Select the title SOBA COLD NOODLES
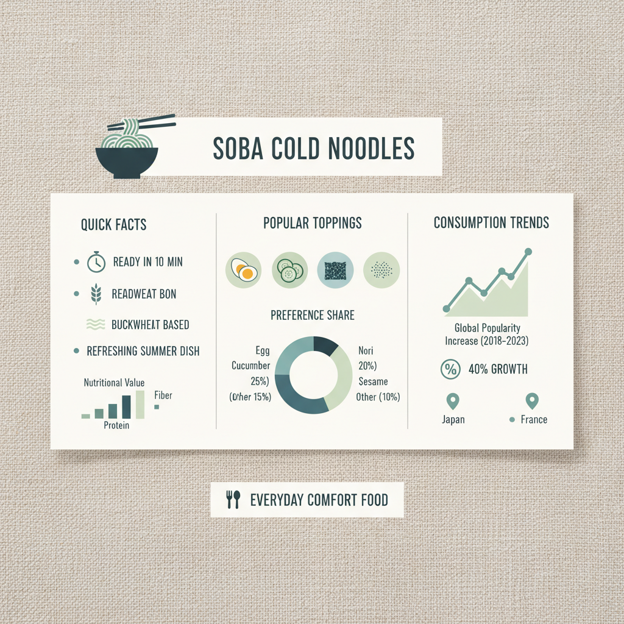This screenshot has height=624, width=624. pyautogui.click(x=313, y=148)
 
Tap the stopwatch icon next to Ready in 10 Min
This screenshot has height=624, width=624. pyautogui.click(x=96, y=262)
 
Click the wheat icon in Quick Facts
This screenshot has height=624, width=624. pyautogui.click(x=96, y=294)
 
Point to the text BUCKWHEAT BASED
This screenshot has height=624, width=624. pyautogui.click(x=150, y=325)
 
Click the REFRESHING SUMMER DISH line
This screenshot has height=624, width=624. pyautogui.click(x=143, y=351)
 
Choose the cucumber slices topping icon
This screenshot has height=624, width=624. pyautogui.click(x=289, y=269)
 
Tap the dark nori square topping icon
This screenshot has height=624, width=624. pyautogui.click(x=335, y=269)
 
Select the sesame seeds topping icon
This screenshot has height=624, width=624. pyautogui.click(x=381, y=269)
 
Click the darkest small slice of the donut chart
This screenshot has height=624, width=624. pyautogui.click(x=325, y=346)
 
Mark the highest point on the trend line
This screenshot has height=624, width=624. pyautogui.click(x=528, y=251)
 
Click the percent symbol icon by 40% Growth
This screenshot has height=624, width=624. pyautogui.click(x=449, y=369)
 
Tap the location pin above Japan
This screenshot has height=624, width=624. pyautogui.click(x=452, y=401)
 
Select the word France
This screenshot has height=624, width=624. pyautogui.click(x=534, y=419)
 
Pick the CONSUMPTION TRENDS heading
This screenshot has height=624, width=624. pyautogui.click(x=491, y=223)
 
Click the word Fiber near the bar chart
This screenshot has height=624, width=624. pyautogui.click(x=163, y=395)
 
